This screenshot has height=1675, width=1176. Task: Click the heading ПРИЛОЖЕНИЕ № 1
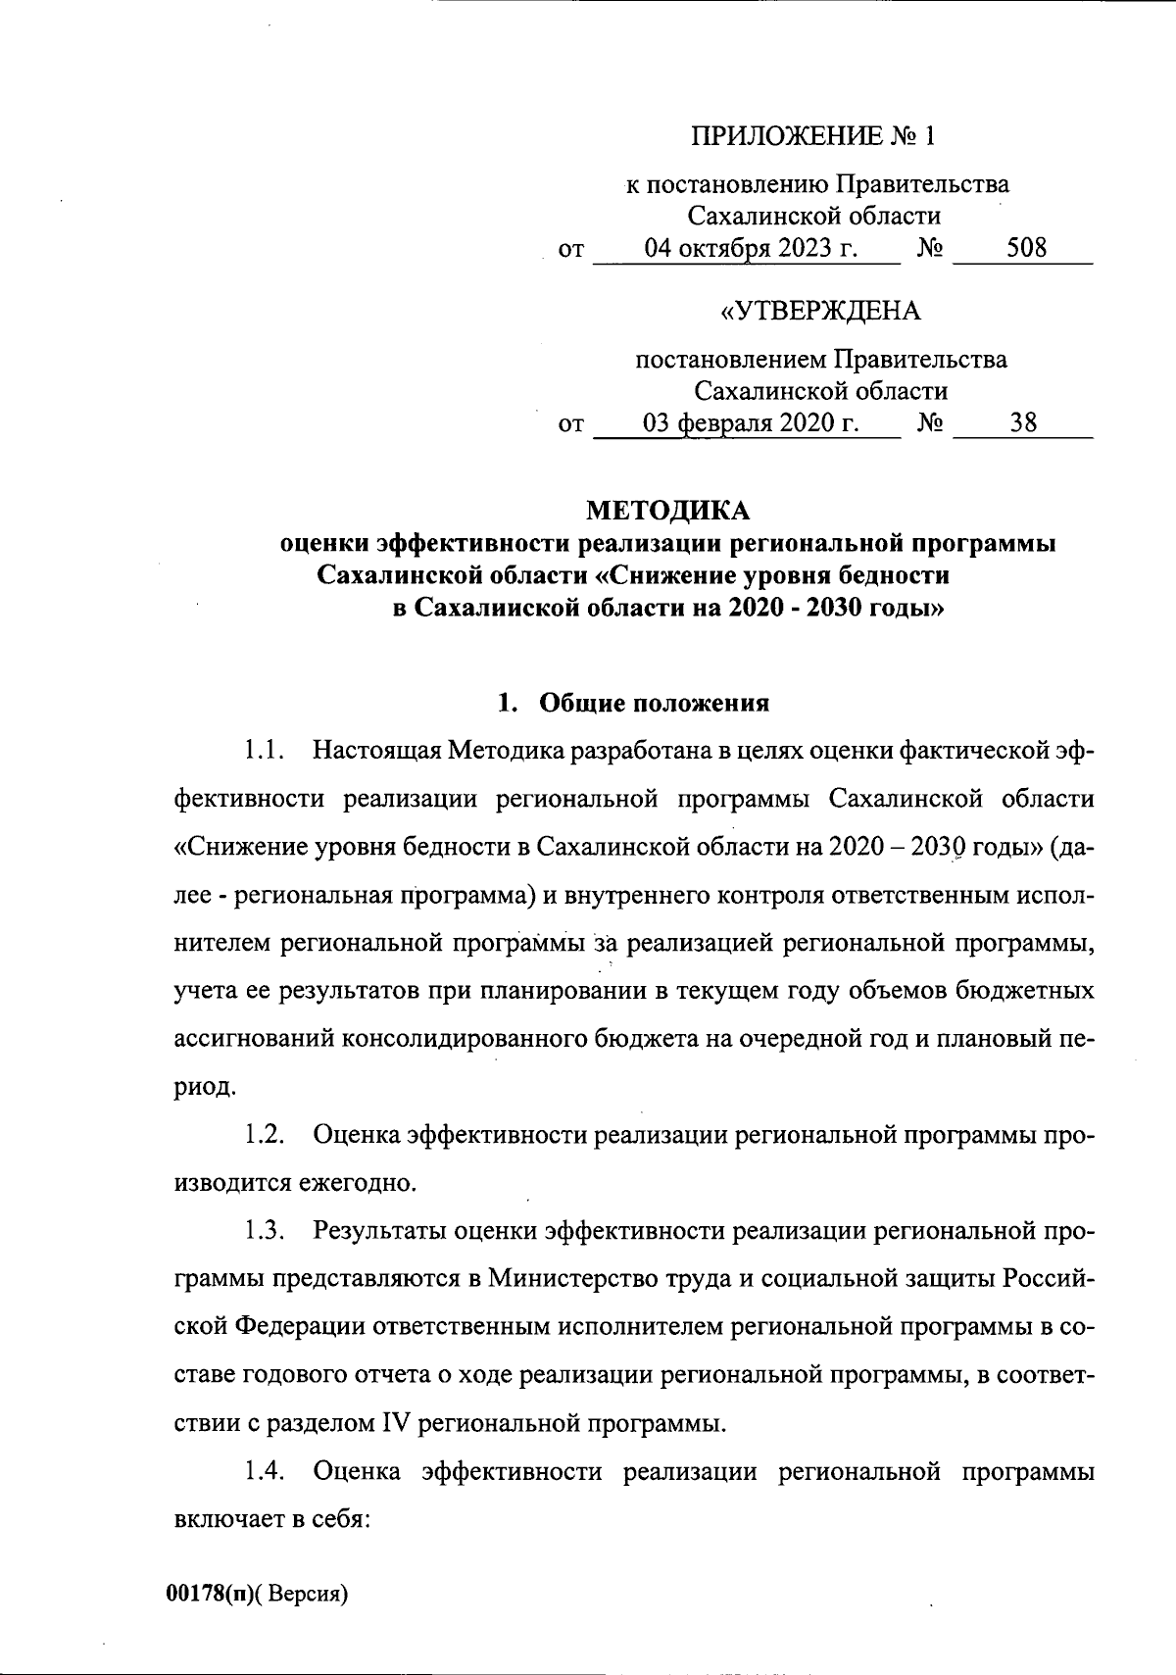[x=813, y=135]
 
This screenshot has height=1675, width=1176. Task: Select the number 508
[x=1026, y=248]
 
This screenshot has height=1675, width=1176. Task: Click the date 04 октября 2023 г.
[x=751, y=248]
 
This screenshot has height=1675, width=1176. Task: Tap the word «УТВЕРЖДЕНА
[x=820, y=311]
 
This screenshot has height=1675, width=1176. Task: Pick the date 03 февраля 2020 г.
[x=751, y=423]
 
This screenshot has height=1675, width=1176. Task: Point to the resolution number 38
[x=1024, y=423]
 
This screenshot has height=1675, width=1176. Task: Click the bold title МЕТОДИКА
[x=667, y=511]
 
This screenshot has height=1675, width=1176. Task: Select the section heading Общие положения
[x=655, y=703]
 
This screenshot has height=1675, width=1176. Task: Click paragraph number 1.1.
[x=264, y=752]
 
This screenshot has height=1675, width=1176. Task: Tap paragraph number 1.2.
[x=265, y=1135]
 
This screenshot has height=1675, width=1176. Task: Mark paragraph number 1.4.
[x=265, y=1471]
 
